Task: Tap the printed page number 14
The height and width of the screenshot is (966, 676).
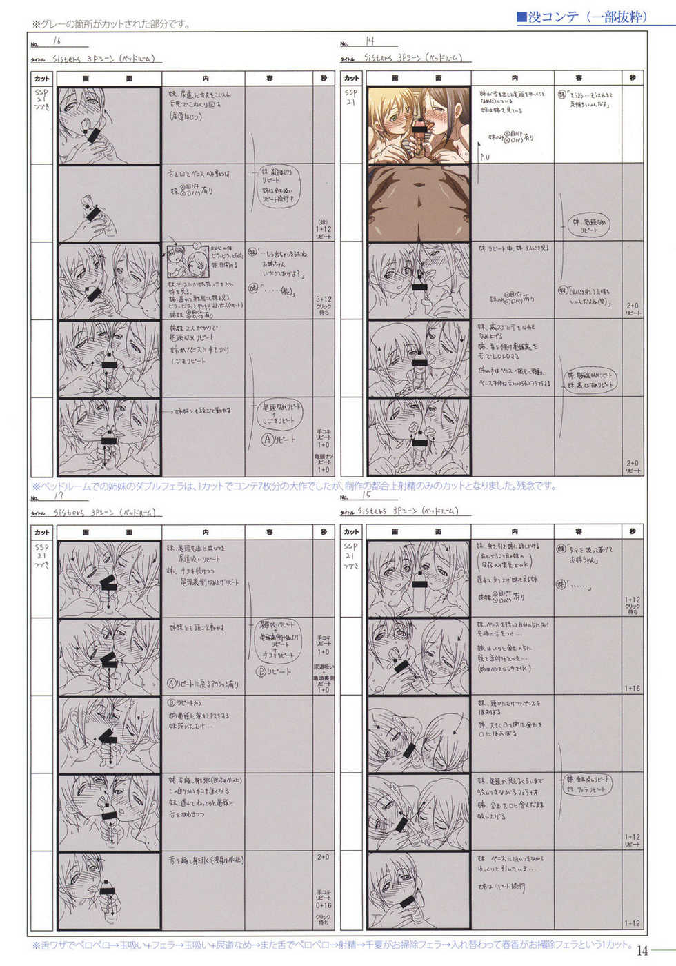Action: point(642,950)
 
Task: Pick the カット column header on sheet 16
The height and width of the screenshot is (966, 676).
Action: point(42,78)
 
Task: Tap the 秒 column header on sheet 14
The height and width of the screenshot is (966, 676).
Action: point(632,78)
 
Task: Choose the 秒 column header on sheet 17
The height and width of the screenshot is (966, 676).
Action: point(324,531)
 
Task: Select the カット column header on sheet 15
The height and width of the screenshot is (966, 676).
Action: point(351,531)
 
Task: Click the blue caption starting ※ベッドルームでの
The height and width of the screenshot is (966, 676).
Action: point(293,486)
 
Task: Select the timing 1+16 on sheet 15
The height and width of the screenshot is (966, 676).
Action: point(632,688)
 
